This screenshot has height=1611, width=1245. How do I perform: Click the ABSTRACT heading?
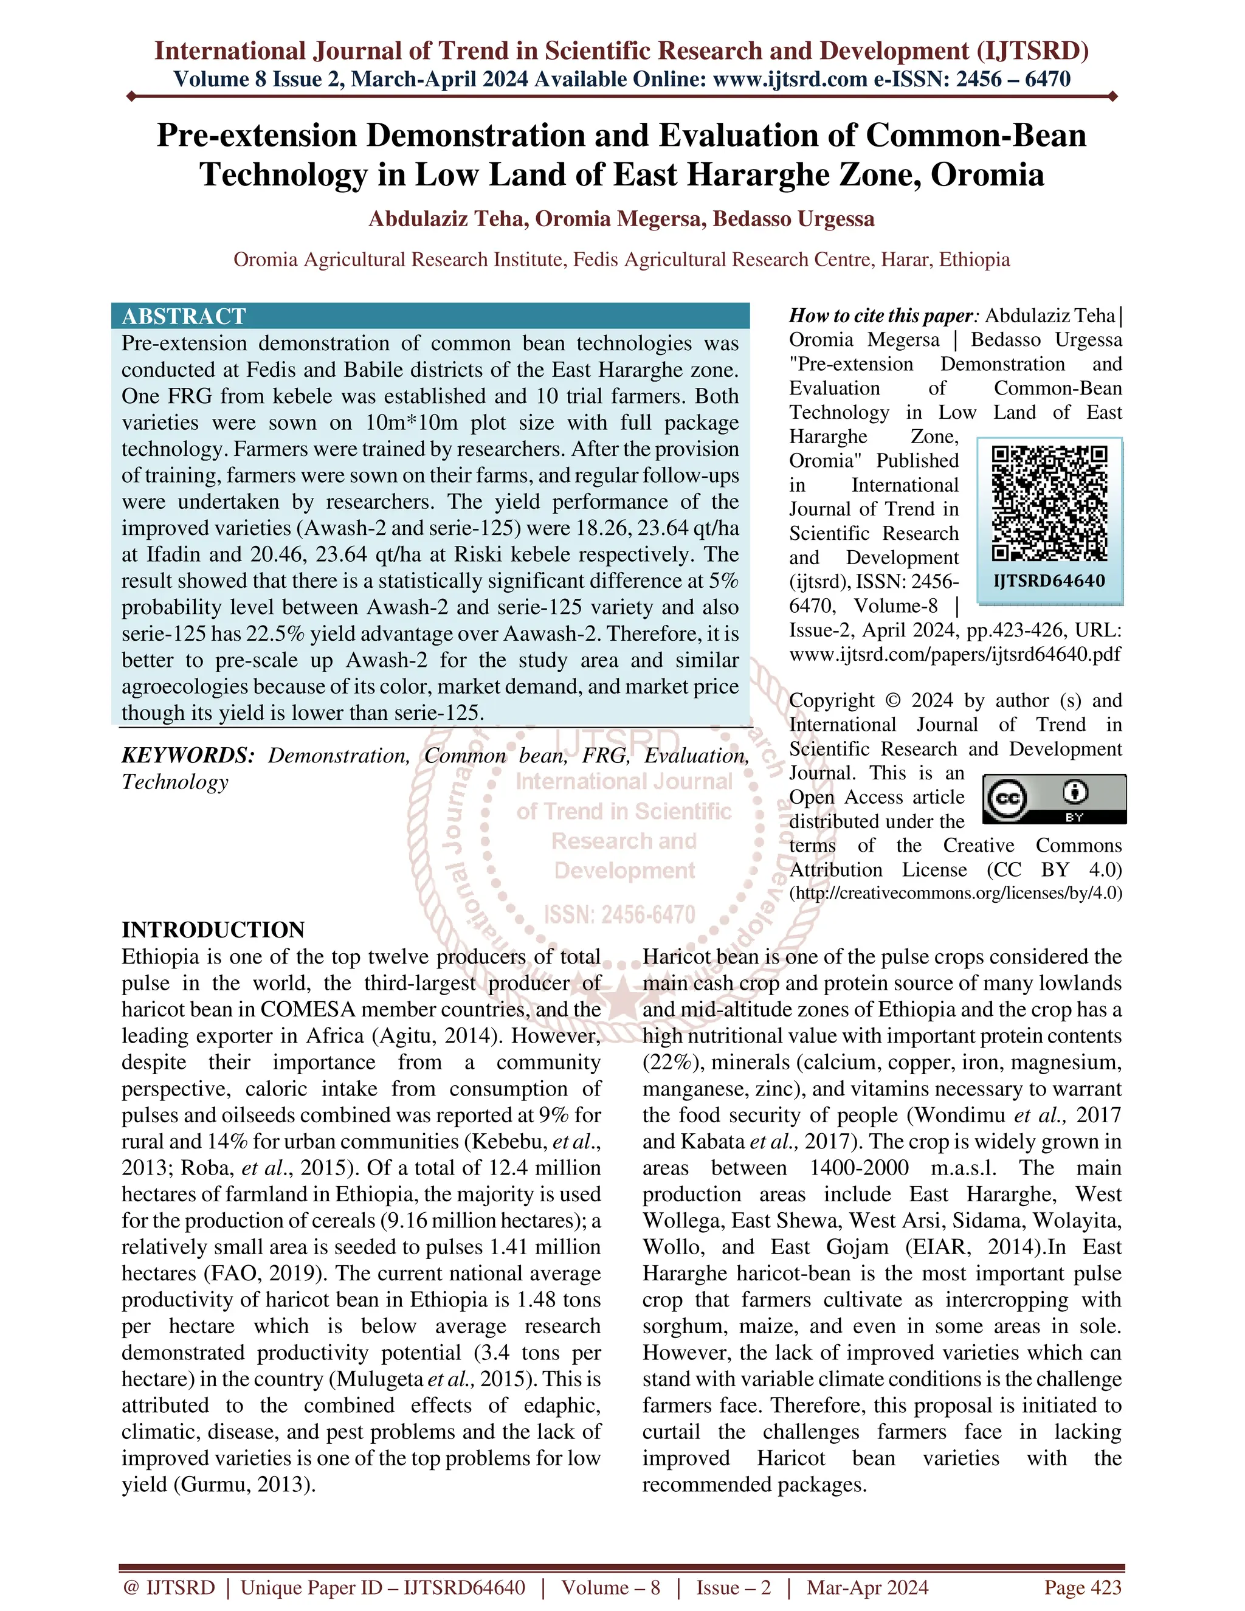[x=184, y=317]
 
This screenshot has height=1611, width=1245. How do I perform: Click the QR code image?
[x=1049, y=503]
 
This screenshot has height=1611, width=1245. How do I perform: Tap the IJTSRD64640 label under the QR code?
[x=1049, y=581]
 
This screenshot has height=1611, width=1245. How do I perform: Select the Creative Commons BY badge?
[x=1055, y=799]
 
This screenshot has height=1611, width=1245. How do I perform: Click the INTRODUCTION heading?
[x=213, y=930]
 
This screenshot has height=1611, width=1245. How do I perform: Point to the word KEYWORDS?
[x=187, y=755]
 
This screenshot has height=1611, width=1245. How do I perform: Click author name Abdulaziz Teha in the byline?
[x=447, y=219]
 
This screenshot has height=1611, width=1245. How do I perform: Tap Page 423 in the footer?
[x=1082, y=1587]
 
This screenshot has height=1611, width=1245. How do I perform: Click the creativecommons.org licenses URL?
[x=955, y=893]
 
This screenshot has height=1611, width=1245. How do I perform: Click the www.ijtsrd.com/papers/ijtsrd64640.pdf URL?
[x=955, y=654]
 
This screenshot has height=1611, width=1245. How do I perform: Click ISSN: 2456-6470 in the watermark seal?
[x=619, y=916]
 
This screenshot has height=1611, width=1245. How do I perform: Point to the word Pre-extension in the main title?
[x=257, y=136]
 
